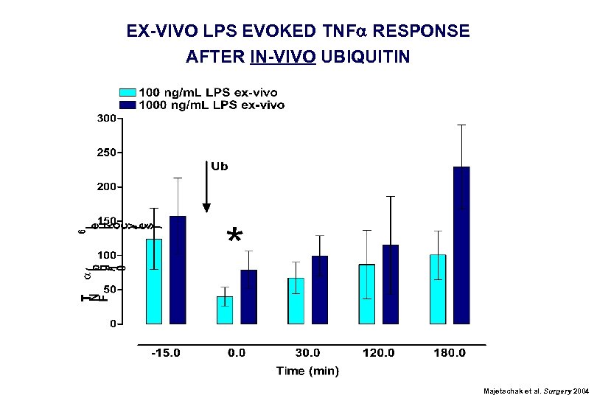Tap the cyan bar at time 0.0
pos(225,310)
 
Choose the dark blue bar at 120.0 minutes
pos(391,284)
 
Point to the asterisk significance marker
pos(234,237)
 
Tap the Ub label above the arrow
pos(220,167)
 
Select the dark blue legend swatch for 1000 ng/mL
pos(128,105)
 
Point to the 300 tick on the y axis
pos(107,118)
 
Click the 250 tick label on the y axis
pos(107,153)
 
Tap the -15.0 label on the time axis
pos(166,353)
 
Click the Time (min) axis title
pos(307,371)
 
